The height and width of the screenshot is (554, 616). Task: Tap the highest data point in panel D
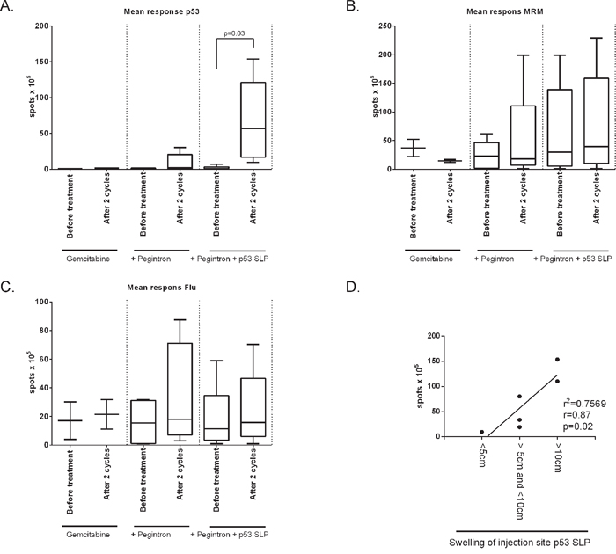coord(557,359)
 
